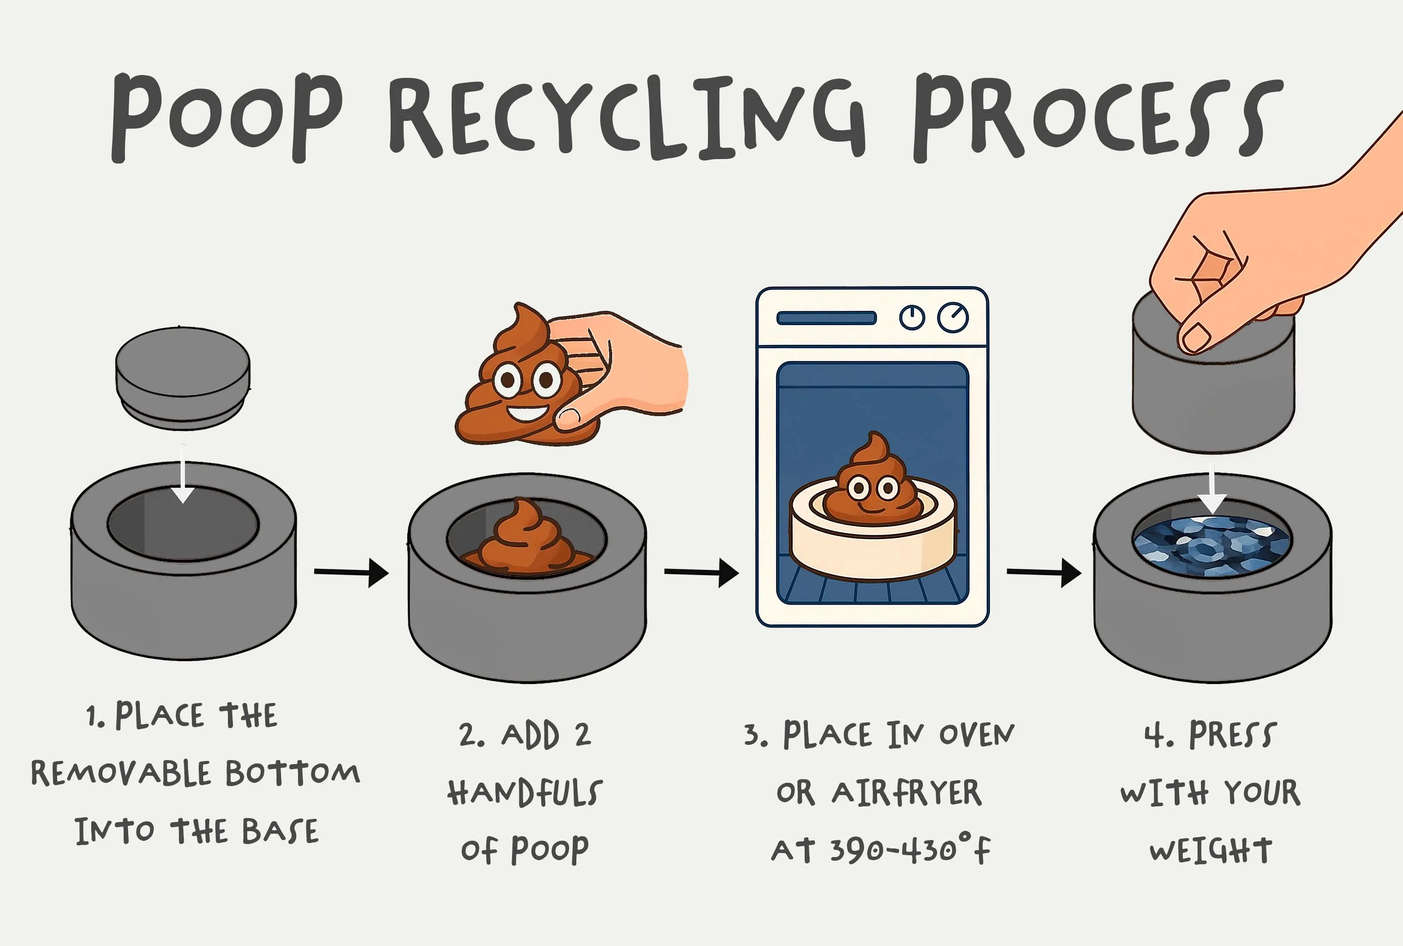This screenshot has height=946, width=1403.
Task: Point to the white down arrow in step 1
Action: click(x=183, y=473)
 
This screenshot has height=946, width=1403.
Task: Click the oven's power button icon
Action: click(x=912, y=317)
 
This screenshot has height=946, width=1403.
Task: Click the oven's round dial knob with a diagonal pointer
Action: click(x=953, y=317)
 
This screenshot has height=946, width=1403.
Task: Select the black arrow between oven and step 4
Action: click(x=1044, y=572)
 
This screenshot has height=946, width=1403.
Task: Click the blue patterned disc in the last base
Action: click(x=1212, y=547)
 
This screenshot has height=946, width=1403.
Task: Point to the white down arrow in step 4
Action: click(x=1212, y=492)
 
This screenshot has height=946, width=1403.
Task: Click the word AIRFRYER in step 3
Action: click(x=907, y=793)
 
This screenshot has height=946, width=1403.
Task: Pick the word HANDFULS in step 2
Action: click(x=525, y=792)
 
